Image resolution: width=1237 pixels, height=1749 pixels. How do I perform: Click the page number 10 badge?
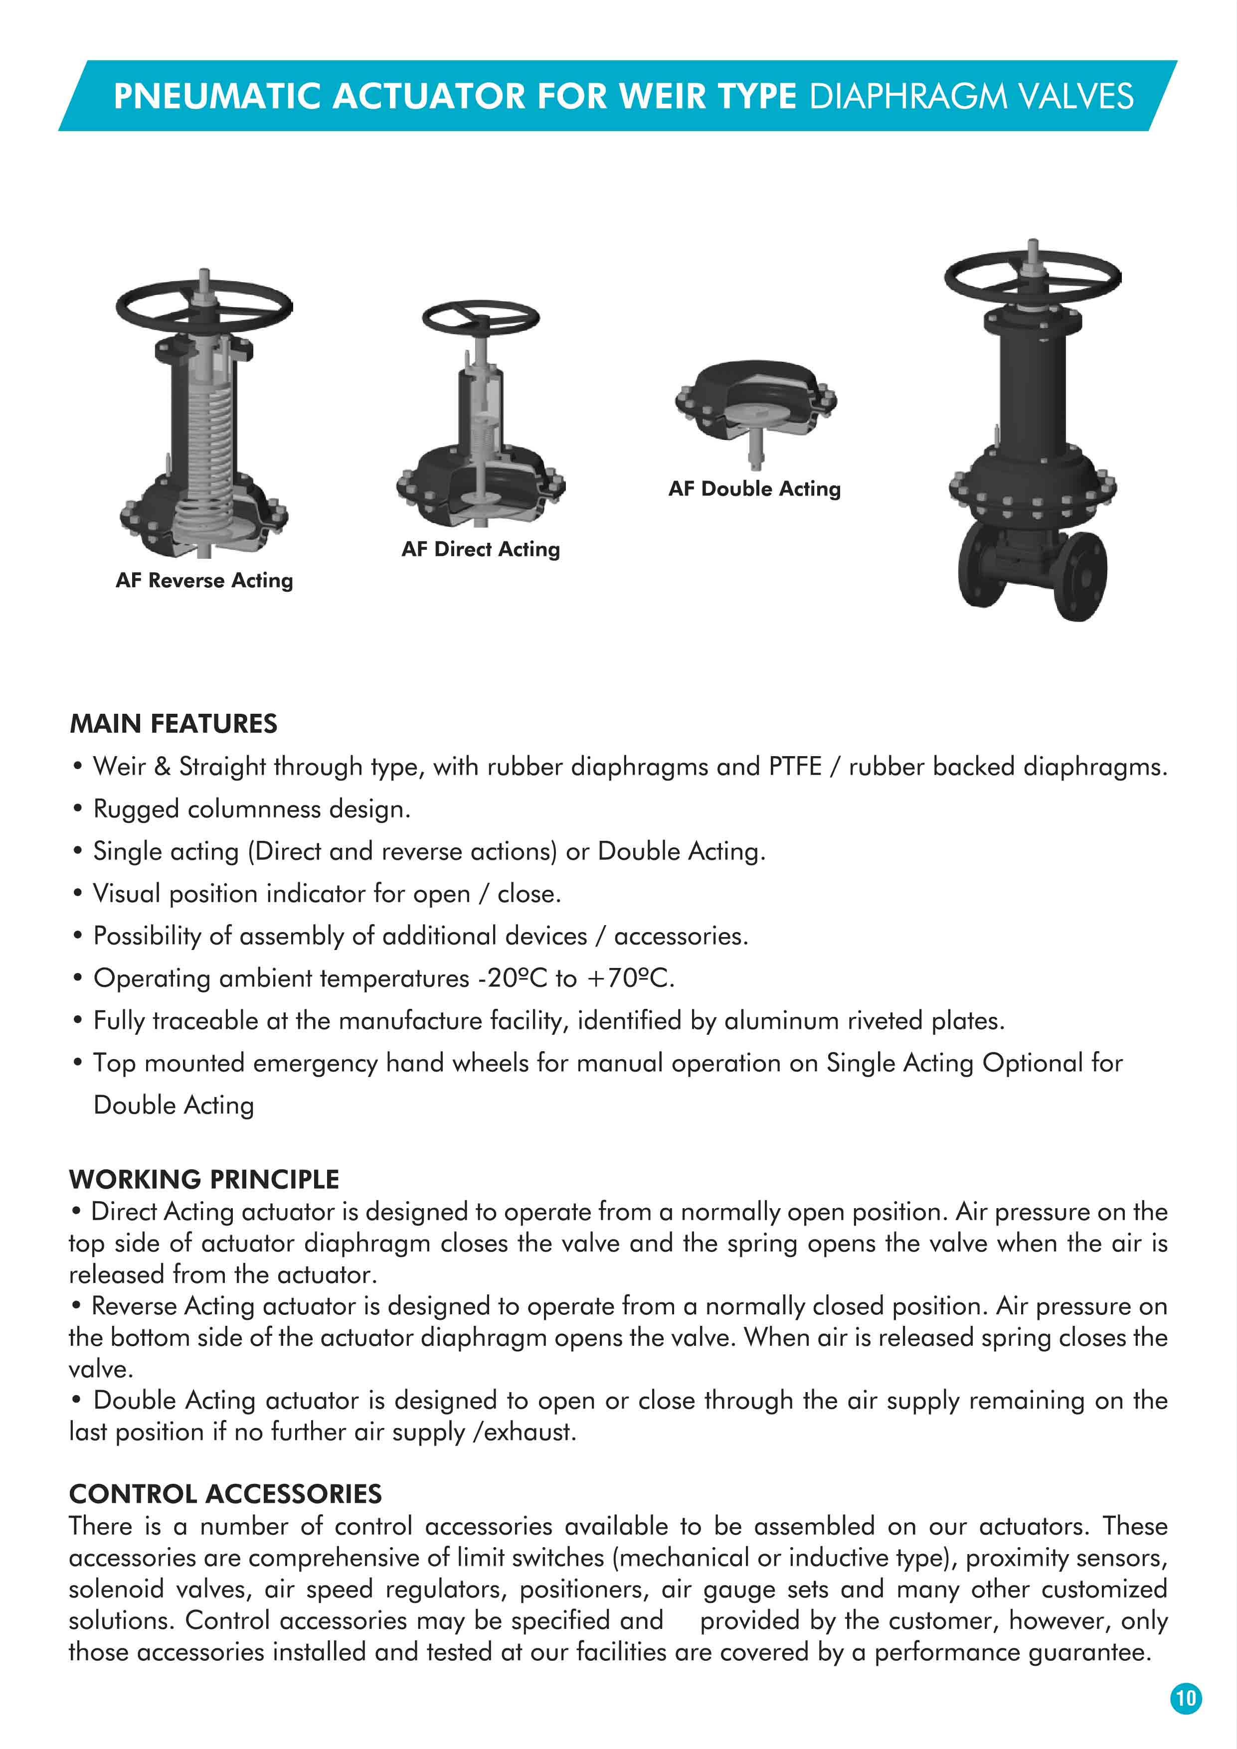coord(1185,1698)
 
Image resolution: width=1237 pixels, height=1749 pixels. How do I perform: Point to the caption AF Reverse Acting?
coord(204,581)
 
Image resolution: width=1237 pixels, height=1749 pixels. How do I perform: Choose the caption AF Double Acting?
coord(754,489)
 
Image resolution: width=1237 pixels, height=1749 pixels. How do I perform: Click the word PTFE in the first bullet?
coord(794,766)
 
